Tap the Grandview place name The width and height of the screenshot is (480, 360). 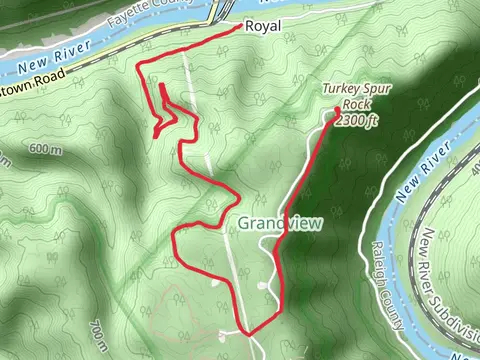280,223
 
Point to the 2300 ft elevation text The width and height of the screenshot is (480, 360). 357,120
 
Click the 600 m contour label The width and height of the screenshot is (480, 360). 45,149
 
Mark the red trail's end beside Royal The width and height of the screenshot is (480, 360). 237,29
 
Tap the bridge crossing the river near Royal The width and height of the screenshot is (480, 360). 217,11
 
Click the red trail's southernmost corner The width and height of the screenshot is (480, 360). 246,333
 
